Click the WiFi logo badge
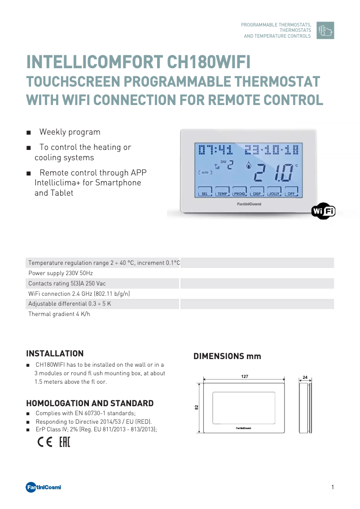pyautogui.click(x=323, y=211)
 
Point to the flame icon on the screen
pyautogui.click(x=248, y=165)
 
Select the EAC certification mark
pyautogui.click(x=65, y=443)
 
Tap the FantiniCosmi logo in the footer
pyautogui.click(x=43, y=487)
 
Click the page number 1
pyautogui.click(x=333, y=487)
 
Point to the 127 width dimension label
pyautogui.click(x=245, y=376)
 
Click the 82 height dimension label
pyautogui.click(x=197, y=407)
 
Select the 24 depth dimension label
pyautogui.click(x=305, y=377)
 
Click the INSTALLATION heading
pyautogui.click(x=55, y=353)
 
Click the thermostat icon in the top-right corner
pyautogui.click(x=325, y=30)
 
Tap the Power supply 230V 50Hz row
pyautogui.click(x=61, y=273)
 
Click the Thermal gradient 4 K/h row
pyautogui.click(x=59, y=314)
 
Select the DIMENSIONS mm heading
pyautogui.click(x=227, y=356)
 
